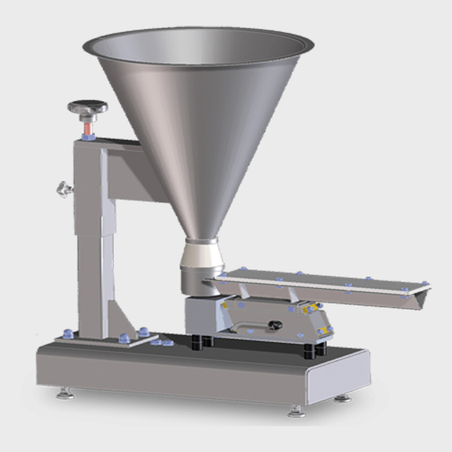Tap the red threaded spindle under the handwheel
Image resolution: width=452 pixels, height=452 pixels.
pyautogui.click(x=87, y=127)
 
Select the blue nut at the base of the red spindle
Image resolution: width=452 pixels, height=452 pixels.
pyautogui.click(x=88, y=137)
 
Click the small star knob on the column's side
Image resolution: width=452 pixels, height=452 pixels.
pyautogui.click(x=64, y=189)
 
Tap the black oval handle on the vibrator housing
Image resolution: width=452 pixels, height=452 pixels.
pyautogui.click(x=275, y=325)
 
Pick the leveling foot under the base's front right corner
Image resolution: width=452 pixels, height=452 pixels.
pyautogui.click(x=296, y=412)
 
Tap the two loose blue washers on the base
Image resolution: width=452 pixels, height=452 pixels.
pyautogui.click(x=162, y=342)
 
